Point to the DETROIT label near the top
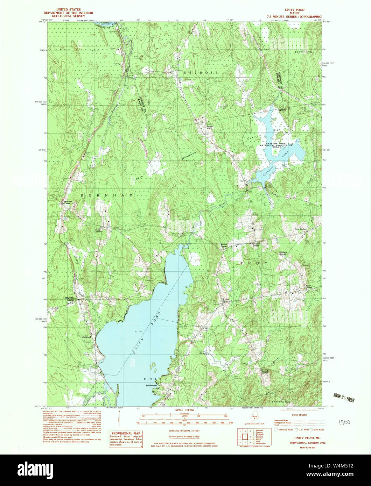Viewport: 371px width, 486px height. click(201, 72)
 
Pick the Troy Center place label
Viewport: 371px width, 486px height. click(301, 229)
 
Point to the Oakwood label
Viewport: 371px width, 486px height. click(86, 337)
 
